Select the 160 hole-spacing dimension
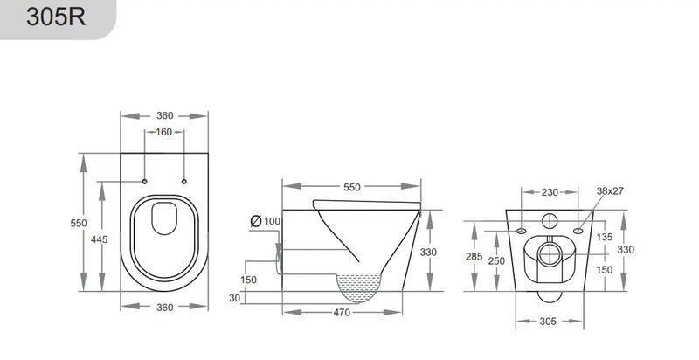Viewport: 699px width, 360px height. (x=164, y=133)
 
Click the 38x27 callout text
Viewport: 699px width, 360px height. (x=610, y=190)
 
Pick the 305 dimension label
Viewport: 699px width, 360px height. (x=549, y=322)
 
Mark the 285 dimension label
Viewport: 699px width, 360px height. (x=473, y=257)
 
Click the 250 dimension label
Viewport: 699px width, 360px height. (x=496, y=261)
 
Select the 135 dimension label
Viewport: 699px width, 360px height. (x=605, y=237)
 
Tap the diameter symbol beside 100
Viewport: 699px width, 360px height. (x=255, y=221)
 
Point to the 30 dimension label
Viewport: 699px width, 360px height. (x=233, y=297)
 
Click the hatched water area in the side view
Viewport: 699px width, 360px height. (x=361, y=284)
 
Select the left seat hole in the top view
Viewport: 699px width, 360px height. (x=144, y=182)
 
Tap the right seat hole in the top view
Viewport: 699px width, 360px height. (x=184, y=182)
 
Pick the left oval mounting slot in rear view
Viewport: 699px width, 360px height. (x=522, y=232)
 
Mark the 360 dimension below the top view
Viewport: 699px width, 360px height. (x=164, y=307)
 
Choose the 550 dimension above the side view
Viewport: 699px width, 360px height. (x=350, y=187)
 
